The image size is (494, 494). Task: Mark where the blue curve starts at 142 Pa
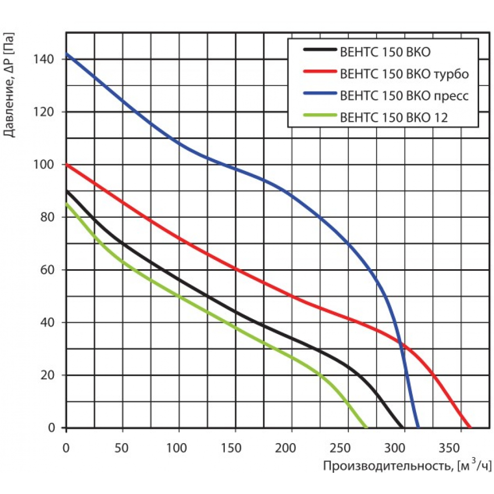coord(67,54)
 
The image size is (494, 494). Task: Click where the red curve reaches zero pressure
coord(470,427)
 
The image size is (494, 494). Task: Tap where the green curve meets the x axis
coord(367,427)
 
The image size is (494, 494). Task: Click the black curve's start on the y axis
coord(67,191)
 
